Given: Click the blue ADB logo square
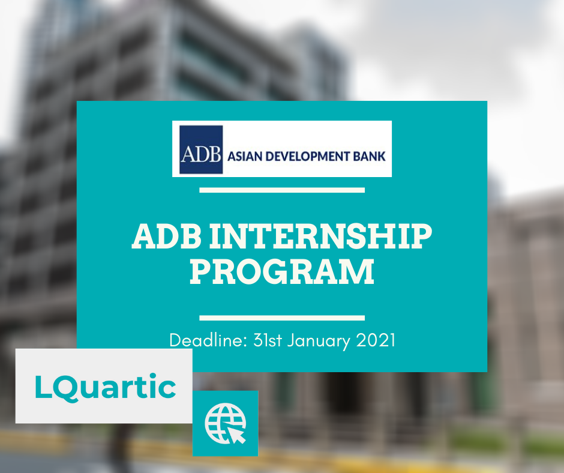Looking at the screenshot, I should tap(201, 149).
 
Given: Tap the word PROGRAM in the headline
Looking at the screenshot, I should tap(282, 271).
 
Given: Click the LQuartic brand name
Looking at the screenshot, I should tap(106, 387).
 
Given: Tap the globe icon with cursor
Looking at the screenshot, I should tap(225, 423).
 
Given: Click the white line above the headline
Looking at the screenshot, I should tap(282, 190).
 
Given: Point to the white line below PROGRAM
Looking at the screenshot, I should tap(282, 318).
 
